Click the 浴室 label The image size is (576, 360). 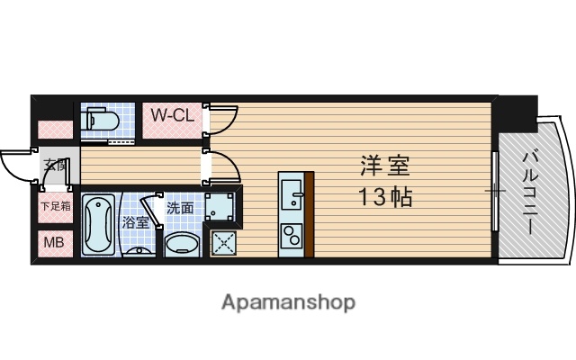point(134,220)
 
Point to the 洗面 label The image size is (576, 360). point(179,207)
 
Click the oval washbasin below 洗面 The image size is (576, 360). point(183,246)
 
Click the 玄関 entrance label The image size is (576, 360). point(53,165)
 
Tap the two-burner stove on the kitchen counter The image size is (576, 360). point(292,237)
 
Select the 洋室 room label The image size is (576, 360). point(385,166)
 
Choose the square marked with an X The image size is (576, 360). point(224,241)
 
